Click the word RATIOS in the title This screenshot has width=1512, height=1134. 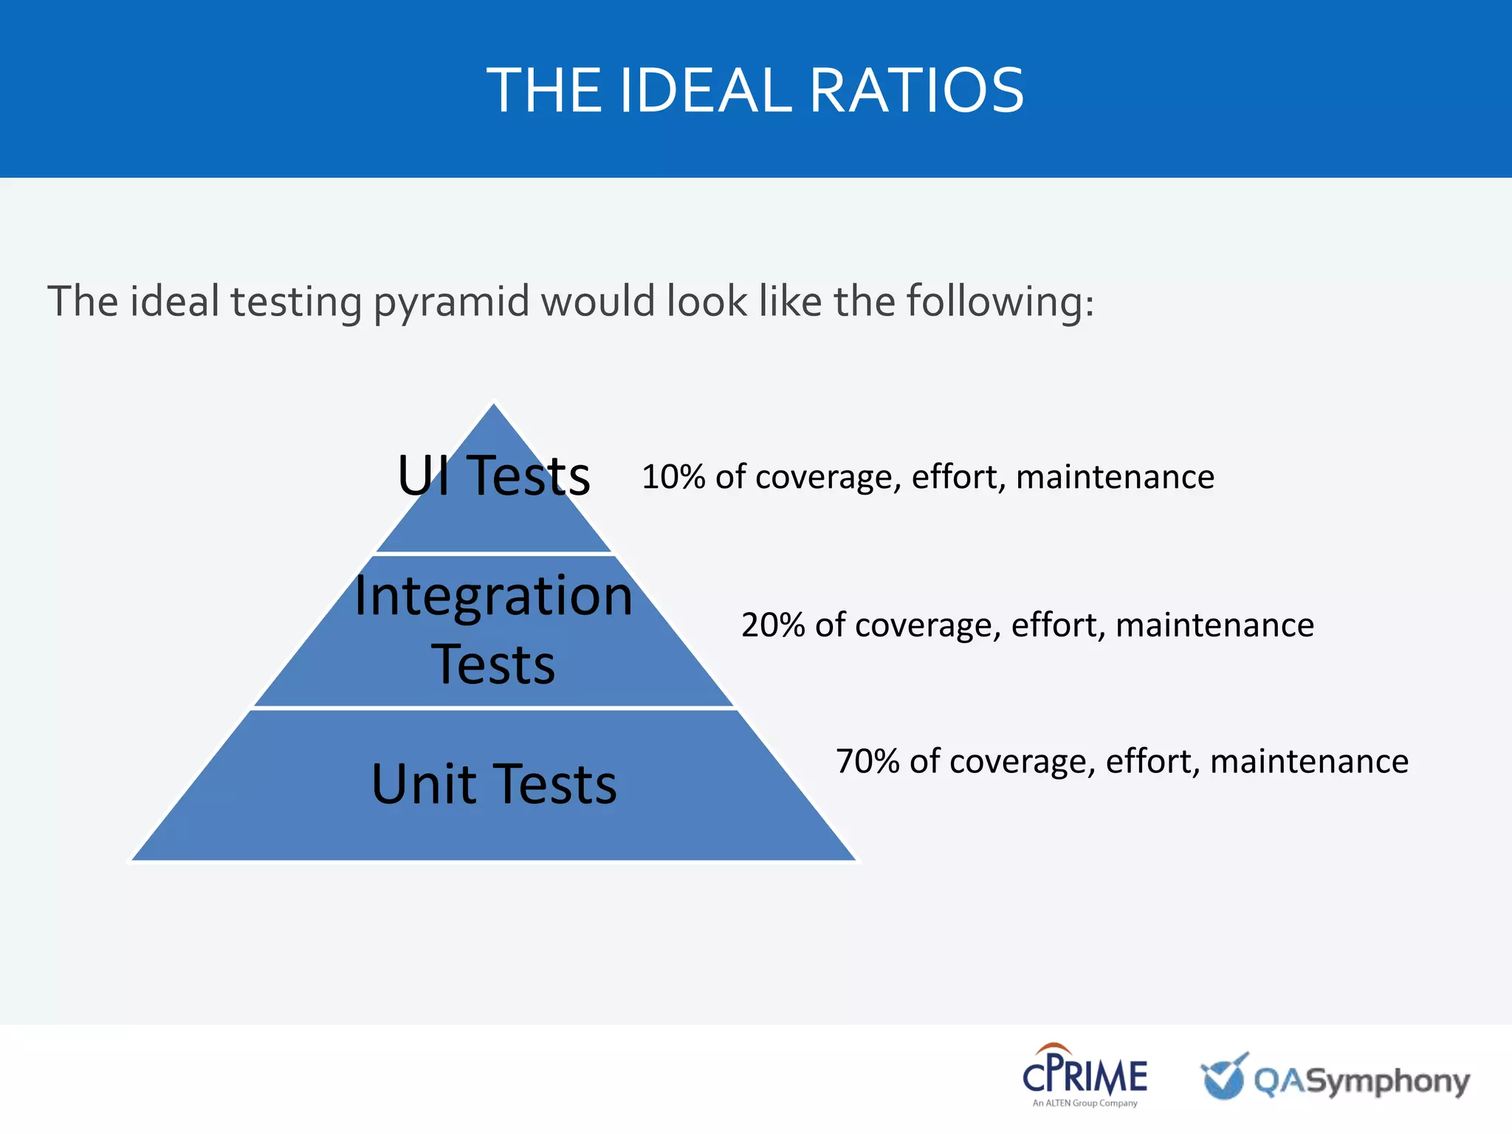pyautogui.click(x=917, y=90)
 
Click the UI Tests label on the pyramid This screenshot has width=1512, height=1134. pyautogui.click(x=493, y=475)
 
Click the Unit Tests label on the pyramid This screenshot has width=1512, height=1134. pyautogui.click(x=493, y=783)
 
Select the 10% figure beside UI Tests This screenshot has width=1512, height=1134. pyautogui.click(x=673, y=477)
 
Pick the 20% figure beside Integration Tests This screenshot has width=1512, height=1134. pyautogui.click(x=772, y=625)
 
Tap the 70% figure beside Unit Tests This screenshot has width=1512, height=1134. pyautogui.click(x=867, y=761)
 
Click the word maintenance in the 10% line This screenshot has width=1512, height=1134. pyautogui.click(x=1115, y=477)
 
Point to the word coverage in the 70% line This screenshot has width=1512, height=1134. pyautogui.click(x=1022, y=761)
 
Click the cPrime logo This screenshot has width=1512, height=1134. pyautogui.click(x=1084, y=1074)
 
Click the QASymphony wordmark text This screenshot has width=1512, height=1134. pyautogui.click(x=1362, y=1082)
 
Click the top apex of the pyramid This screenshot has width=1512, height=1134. pyautogui.click(x=494, y=405)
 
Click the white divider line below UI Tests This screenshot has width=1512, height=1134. pyautogui.click(x=493, y=553)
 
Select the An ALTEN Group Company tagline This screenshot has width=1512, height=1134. pyautogui.click(x=1085, y=1104)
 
